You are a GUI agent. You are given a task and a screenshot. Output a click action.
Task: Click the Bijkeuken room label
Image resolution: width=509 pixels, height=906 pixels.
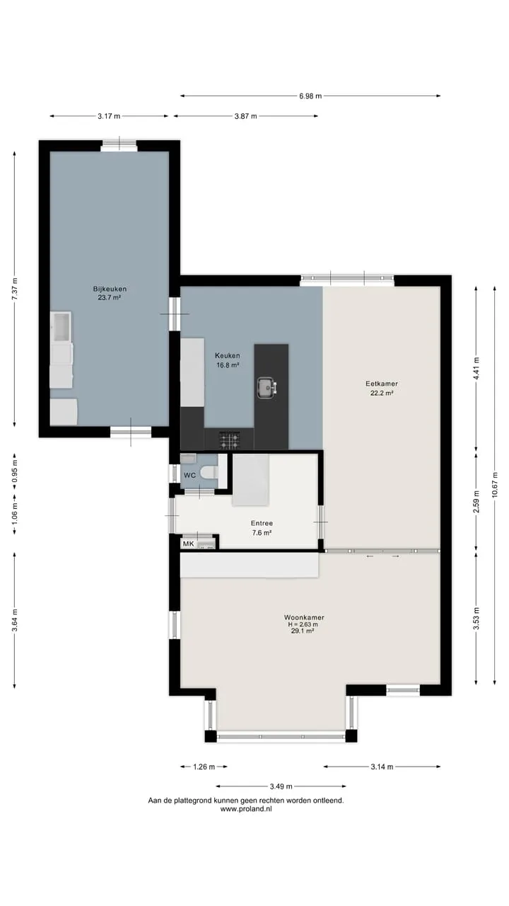[x=110, y=289]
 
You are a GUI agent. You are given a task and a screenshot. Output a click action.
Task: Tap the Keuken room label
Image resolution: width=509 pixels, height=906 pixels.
[x=228, y=355]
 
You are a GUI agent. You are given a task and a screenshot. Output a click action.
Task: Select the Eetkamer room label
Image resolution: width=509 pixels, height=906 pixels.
[x=382, y=384]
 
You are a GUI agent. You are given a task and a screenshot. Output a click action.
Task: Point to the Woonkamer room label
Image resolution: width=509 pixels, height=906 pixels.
[x=304, y=617]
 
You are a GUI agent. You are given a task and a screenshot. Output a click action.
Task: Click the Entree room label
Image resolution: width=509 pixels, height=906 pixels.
[x=262, y=523]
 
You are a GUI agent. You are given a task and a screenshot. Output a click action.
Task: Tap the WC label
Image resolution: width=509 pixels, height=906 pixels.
[x=189, y=475]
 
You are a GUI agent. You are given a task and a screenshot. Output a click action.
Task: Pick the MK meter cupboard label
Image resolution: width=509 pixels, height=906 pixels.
[x=189, y=544]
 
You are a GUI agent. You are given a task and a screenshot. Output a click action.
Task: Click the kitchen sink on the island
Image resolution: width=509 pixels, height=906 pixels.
[x=267, y=387]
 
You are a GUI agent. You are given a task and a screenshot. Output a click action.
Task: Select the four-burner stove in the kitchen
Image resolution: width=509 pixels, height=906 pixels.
[x=229, y=440]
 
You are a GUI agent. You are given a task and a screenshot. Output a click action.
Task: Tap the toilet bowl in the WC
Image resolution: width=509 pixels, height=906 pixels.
[x=209, y=472]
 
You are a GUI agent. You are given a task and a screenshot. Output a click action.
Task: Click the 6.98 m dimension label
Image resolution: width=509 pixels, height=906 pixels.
[x=310, y=96]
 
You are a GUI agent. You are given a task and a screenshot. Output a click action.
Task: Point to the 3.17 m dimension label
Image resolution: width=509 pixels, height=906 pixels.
[x=109, y=116]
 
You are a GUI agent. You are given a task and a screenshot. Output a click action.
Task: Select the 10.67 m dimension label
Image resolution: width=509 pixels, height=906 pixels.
[x=495, y=485]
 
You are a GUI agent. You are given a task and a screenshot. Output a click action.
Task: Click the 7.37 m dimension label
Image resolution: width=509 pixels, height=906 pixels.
[x=15, y=289]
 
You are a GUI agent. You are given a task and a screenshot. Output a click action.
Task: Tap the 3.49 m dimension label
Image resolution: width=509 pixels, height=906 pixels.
[x=281, y=786]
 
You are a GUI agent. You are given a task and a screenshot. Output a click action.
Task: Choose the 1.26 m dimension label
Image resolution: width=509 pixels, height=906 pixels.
[x=204, y=767]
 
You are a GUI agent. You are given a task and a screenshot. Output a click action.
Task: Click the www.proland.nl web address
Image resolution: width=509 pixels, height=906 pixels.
[x=246, y=809]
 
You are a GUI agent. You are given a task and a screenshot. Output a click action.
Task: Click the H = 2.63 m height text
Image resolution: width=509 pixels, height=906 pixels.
[x=303, y=624]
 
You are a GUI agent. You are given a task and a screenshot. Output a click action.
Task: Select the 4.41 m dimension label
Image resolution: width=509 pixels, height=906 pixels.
[x=476, y=369]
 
